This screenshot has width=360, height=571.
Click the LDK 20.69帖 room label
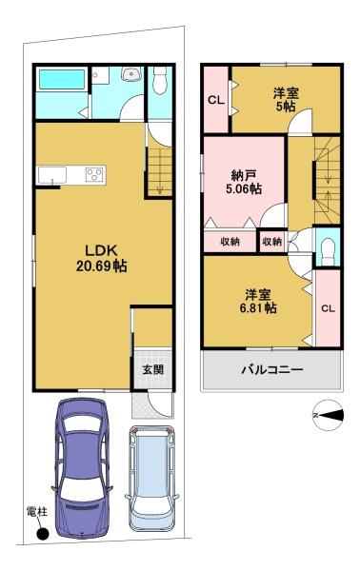(x=101, y=259)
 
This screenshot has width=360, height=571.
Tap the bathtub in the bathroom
(x=62, y=79)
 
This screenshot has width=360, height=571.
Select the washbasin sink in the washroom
(x=130, y=74)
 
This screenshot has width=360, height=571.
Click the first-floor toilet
(x=160, y=80)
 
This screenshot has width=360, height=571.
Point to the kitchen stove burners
(x=95, y=174)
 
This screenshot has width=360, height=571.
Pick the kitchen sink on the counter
(x=52, y=175)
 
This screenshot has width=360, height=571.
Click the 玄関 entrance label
(x=152, y=369)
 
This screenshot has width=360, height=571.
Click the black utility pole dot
(x=43, y=534)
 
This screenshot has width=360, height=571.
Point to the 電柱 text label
(x=37, y=512)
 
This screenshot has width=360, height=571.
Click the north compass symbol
(x=329, y=415)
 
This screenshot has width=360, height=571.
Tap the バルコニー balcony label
(x=272, y=370)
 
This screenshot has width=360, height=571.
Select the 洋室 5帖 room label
(x=286, y=100)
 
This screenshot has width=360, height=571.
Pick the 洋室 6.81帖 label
(x=258, y=301)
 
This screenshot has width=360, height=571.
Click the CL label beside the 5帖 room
(x=216, y=100)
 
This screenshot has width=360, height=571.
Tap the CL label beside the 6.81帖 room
(x=328, y=308)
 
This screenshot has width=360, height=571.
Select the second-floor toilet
(x=329, y=250)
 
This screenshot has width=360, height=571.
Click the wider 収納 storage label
(x=230, y=241)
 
